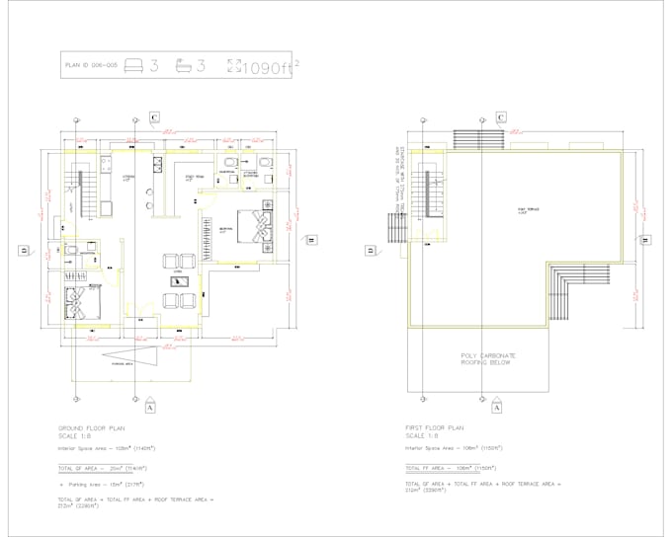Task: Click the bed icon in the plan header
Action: click(x=134, y=66)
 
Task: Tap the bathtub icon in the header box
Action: click(x=182, y=66)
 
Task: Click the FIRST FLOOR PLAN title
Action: click(x=436, y=427)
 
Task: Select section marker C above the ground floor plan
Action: click(x=154, y=118)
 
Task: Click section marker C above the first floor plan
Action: click(x=501, y=118)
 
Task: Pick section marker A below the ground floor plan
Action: click(x=149, y=406)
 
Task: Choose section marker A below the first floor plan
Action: click(x=496, y=406)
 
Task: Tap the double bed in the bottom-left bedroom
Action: click(x=75, y=302)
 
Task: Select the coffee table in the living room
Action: click(x=180, y=279)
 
